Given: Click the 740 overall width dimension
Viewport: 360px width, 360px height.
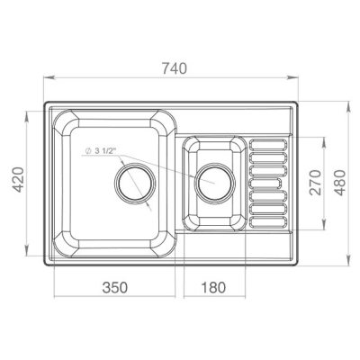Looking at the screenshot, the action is (175, 68).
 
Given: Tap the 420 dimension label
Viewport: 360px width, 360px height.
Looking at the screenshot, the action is (19, 179).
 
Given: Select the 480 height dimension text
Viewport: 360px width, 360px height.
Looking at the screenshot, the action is (340, 183).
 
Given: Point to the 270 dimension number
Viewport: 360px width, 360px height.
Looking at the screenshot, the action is (315, 183).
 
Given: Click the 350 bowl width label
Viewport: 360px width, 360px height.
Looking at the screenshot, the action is (115, 287).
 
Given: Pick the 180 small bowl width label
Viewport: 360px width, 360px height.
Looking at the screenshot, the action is (213, 287).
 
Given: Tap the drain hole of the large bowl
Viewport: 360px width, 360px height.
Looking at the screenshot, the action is (135, 184).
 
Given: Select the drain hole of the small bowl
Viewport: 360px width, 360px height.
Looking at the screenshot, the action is (215, 183).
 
